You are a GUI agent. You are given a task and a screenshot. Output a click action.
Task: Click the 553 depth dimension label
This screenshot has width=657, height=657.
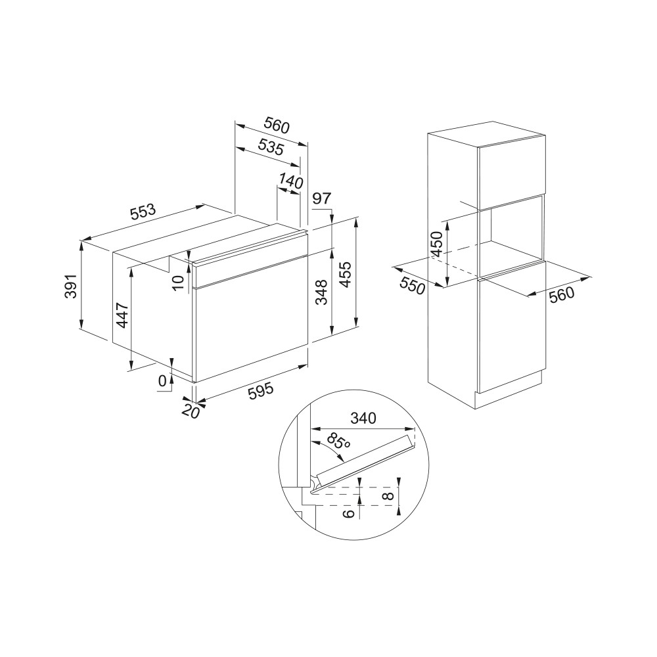[143, 212]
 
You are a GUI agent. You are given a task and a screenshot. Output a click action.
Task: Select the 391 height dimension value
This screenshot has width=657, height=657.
[71, 286]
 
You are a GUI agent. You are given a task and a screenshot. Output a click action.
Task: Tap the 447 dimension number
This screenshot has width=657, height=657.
[122, 315]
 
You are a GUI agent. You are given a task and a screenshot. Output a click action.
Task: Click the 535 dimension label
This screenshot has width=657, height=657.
[271, 147]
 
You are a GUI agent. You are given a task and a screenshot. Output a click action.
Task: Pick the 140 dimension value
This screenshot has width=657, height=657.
[291, 181]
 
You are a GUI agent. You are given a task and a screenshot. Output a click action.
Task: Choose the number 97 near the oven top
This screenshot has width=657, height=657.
[322, 198]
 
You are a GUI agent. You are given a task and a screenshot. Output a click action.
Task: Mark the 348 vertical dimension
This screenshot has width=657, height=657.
[321, 292]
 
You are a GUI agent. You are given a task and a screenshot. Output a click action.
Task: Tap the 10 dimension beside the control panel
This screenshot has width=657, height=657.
[178, 282]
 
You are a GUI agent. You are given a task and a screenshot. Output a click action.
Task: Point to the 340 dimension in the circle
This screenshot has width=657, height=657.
[363, 418]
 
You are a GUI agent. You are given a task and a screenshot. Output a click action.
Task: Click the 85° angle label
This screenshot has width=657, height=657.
[338, 442]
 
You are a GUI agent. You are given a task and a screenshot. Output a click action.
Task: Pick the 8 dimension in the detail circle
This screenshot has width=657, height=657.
[389, 495]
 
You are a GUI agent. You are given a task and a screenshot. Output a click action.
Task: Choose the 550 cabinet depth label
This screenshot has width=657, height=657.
[413, 286]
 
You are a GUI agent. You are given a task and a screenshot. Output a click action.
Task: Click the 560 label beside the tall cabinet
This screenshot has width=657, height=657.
[562, 294]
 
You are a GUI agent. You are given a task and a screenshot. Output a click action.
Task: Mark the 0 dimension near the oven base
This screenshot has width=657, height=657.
[162, 380]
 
